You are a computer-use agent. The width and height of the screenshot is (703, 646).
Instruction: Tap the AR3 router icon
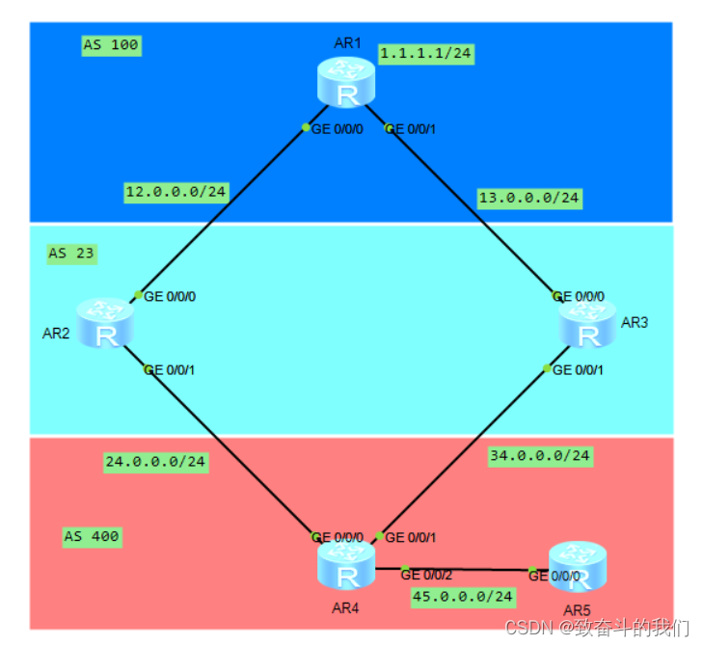coord(587,323)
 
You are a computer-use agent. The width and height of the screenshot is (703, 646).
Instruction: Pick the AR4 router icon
coord(345,565)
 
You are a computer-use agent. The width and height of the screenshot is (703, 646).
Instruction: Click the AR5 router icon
coord(577,566)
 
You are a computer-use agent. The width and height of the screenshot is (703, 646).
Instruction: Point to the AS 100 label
coord(111,45)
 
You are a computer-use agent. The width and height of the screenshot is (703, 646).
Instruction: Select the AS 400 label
coord(93,536)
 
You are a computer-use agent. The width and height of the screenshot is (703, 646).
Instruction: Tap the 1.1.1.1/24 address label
coord(425,54)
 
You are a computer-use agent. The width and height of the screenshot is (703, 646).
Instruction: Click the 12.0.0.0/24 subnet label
coord(176,192)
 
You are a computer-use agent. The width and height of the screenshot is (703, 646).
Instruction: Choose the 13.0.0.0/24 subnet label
coord(529,198)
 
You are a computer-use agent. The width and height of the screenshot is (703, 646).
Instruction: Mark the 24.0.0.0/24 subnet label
coord(155,462)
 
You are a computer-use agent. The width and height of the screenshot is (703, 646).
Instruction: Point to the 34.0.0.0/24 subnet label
coord(540,455)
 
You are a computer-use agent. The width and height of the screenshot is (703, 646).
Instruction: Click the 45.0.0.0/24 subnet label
coord(463,597)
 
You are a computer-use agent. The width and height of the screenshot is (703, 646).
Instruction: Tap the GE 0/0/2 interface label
coord(425,575)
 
